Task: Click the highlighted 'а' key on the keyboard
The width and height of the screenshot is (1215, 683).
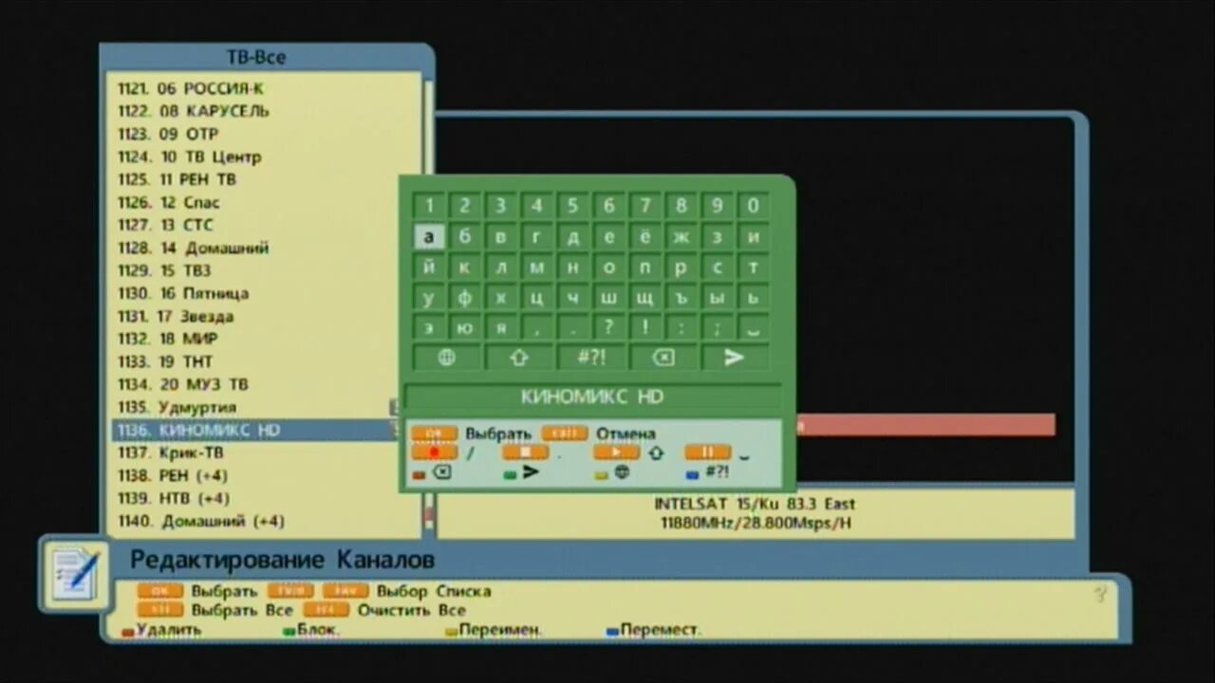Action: (429, 237)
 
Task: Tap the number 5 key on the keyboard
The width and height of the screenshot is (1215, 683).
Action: (572, 206)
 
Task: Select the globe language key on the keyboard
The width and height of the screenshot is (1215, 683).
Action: (446, 358)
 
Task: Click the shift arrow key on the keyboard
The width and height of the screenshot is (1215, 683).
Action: (518, 358)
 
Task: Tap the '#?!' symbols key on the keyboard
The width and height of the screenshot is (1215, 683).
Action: (590, 358)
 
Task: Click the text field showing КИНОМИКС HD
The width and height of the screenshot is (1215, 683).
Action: (592, 397)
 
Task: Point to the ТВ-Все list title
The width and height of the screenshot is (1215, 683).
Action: (256, 58)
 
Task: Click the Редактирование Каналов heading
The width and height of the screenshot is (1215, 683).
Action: (282, 560)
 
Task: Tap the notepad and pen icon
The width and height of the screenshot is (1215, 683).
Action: (75, 573)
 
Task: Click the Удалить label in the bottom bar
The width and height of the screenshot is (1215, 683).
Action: (168, 630)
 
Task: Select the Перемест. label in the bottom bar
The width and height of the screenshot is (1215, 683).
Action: (661, 630)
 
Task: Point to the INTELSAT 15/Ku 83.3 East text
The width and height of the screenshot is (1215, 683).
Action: (755, 505)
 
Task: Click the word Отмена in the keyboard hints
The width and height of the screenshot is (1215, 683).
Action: (626, 434)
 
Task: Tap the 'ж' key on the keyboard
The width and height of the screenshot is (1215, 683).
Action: (681, 237)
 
